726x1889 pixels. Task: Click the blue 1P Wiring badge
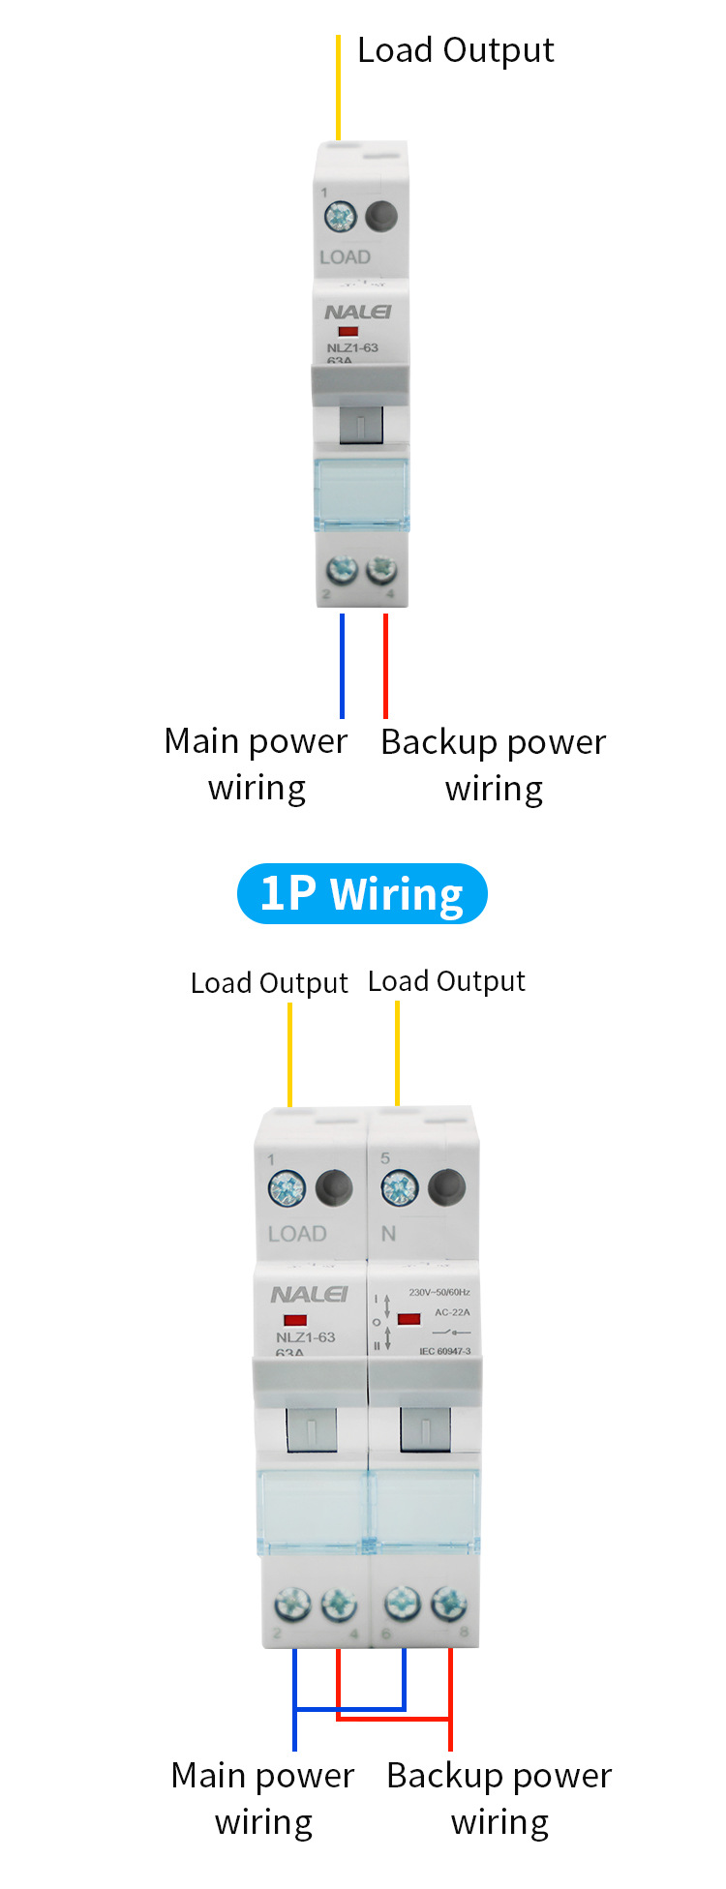click(x=362, y=893)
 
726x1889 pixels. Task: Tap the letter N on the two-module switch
click(x=389, y=1234)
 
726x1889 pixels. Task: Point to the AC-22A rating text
click(x=452, y=1312)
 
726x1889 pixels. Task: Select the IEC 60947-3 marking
click(x=444, y=1351)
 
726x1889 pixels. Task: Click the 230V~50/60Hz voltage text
click(x=439, y=1292)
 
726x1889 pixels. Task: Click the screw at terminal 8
click(x=449, y=1604)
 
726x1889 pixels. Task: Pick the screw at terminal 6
click(x=402, y=1604)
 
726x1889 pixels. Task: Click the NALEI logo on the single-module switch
click(x=357, y=312)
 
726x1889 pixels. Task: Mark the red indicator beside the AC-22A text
click(x=408, y=1318)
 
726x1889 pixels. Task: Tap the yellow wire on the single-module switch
click(x=338, y=87)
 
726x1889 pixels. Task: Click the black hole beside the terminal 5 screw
click(x=446, y=1186)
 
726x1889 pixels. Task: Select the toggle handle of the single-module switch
click(x=360, y=424)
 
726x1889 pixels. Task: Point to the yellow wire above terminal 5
click(x=397, y=1053)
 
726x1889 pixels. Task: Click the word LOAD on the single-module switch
click(x=345, y=257)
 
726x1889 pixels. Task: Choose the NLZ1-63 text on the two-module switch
click(x=305, y=1337)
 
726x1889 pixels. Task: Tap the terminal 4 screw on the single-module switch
click(x=381, y=570)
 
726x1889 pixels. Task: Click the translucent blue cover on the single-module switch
click(x=361, y=494)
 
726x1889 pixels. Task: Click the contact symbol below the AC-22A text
click(x=451, y=1333)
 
